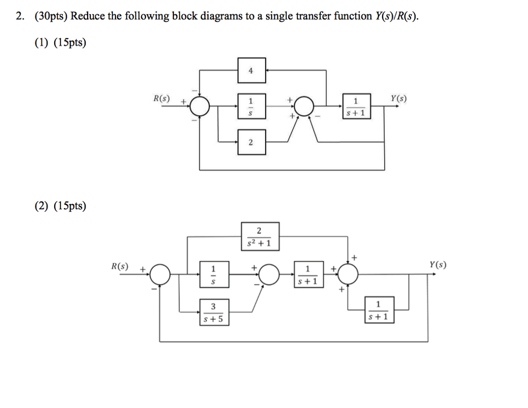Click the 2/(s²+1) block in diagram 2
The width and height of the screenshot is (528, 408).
(260, 236)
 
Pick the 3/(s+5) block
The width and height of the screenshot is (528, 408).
(214, 313)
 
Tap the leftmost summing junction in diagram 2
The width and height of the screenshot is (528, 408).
(161, 274)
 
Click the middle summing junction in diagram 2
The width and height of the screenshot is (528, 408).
(270, 274)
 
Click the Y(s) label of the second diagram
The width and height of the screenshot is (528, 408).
(438, 265)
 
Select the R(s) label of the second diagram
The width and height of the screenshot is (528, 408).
(120, 266)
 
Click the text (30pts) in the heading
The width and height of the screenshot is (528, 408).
(51, 16)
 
